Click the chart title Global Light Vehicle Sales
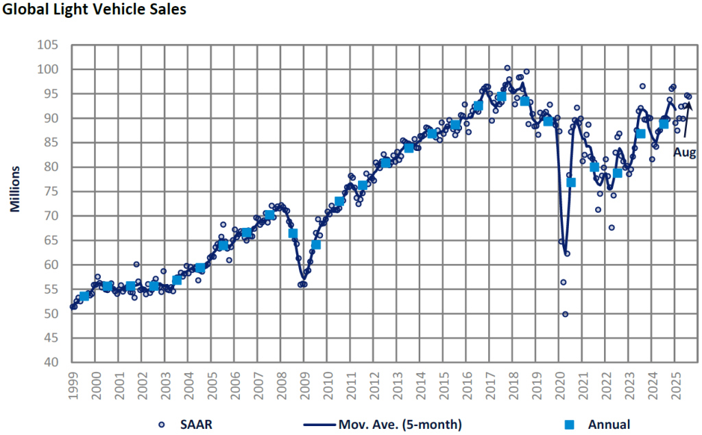tap(95, 10)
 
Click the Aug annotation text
tap(684, 153)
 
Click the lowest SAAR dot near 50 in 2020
tap(566, 314)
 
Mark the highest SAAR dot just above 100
tap(507, 68)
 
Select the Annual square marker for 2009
tap(316, 244)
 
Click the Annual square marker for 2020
tap(571, 183)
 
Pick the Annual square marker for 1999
tap(84, 296)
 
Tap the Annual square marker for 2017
tap(501, 97)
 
